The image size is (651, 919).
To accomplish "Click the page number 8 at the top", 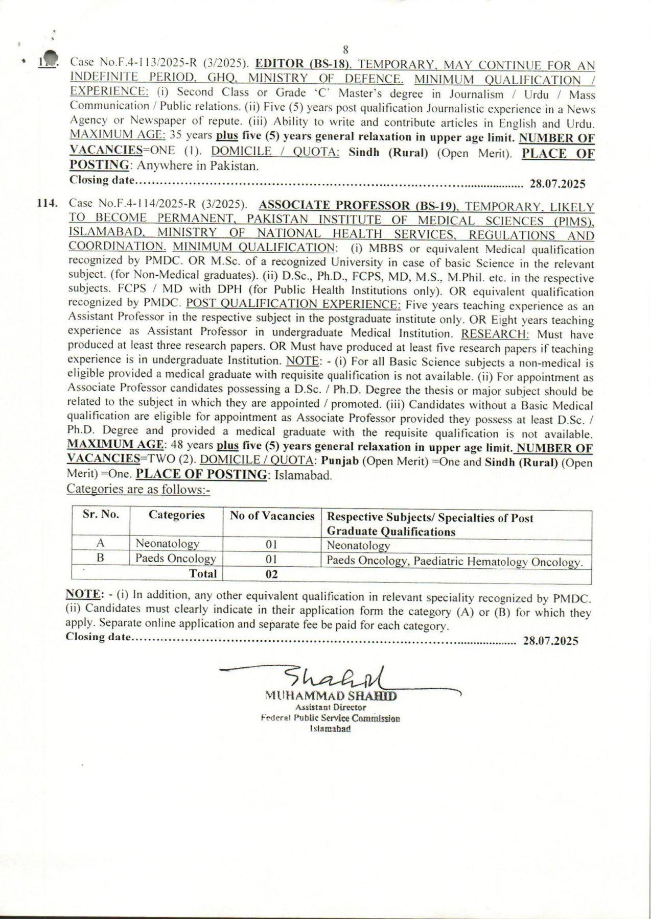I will [345, 50].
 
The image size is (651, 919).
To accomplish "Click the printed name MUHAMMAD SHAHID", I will [331, 695].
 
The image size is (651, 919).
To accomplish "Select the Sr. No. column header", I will [101, 515].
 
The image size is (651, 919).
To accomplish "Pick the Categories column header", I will [176, 515].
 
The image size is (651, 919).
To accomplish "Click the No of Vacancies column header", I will [272, 516].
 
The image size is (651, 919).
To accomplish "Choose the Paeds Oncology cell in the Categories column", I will [175, 559].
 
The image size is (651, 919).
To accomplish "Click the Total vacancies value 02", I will [272, 574].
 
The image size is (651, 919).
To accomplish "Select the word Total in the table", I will [203, 573].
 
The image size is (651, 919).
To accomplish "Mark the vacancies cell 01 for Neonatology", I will [272, 545].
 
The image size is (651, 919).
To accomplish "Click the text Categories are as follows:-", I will [138, 489].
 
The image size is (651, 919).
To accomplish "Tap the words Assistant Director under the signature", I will [331, 707].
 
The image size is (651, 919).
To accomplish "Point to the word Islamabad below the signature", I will [330, 729].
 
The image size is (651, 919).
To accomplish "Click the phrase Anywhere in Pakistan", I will [197, 166].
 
